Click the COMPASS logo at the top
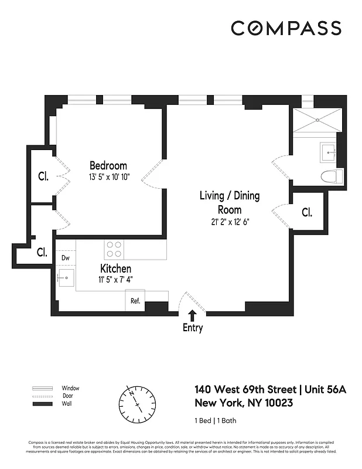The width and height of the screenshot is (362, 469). click(285, 28)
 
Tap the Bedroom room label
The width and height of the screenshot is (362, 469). click(108, 165)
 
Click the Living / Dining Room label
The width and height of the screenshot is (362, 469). click(229, 202)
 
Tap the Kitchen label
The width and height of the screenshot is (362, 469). click(115, 268)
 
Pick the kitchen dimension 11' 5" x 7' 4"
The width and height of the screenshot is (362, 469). click(115, 279)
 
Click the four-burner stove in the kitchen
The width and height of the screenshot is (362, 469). click(114, 250)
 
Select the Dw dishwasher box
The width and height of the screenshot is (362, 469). click(65, 258)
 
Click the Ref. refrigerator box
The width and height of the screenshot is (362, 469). click(135, 301)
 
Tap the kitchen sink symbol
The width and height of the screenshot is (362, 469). click(66, 277)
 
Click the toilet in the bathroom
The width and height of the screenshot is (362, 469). click(332, 175)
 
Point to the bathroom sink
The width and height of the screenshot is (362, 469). click(327, 151)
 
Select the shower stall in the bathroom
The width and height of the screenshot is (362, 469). click(316, 120)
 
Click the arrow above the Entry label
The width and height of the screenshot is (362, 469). click(192, 315)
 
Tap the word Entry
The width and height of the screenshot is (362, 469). click(192, 328)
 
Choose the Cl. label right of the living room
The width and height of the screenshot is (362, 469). click(306, 212)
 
